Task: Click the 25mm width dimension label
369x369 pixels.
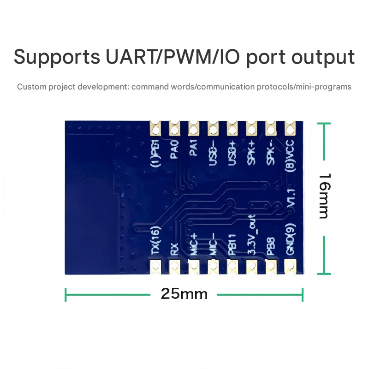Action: point(184,293)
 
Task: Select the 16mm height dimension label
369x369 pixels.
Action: point(325,196)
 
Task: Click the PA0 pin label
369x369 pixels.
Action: point(174,149)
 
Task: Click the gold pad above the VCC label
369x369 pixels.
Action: point(290,126)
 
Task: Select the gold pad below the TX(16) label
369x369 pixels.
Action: point(155,266)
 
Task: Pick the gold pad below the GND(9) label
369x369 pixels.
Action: point(290,266)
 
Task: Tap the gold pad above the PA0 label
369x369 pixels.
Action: point(174,126)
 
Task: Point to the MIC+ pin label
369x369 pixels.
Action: point(194,244)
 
